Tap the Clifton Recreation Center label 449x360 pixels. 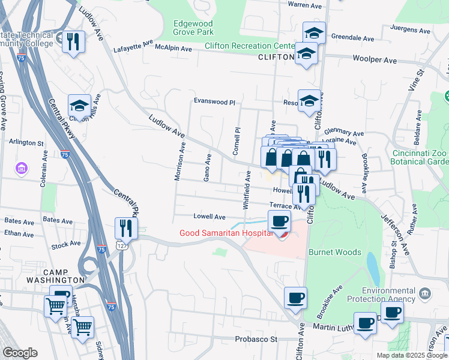tap(249, 46)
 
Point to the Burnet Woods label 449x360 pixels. tap(334, 253)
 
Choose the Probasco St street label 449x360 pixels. tap(255, 339)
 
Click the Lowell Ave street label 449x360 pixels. tap(209, 217)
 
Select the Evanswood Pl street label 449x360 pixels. tap(214, 102)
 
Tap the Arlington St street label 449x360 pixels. tap(26, 143)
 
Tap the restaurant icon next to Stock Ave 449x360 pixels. tap(126, 228)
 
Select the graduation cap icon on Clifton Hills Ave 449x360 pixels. tap(79, 106)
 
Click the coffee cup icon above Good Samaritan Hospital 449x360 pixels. tap(279, 221)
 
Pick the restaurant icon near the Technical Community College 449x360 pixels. tap(73, 42)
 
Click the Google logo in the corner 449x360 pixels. tap(20, 353)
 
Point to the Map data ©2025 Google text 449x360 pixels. tap(411, 355)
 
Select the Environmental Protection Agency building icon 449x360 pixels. tap(425, 293)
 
